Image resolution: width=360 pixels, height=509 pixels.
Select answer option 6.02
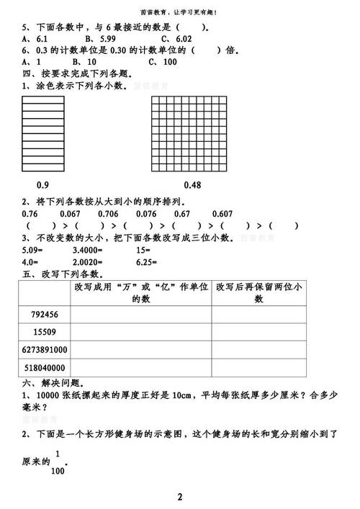coord(177,38)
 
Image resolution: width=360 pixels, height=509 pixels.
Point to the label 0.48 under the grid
coord(193,184)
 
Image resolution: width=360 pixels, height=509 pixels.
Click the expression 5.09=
coord(35,250)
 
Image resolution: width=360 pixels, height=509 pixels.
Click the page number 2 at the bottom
coord(180,497)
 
